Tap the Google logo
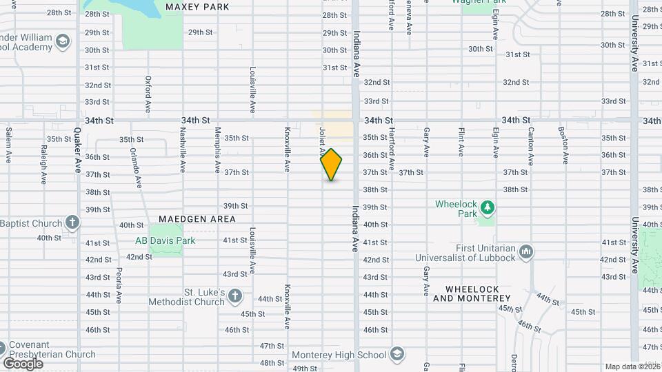[x=23, y=364]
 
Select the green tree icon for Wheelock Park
[x=487, y=207]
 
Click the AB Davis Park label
[x=165, y=240]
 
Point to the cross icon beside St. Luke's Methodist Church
[x=235, y=296]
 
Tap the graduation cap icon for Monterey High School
[x=397, y=355]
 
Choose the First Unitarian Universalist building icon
[x=525, y=251]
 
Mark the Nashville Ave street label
[x=183, y=149]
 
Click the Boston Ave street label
[x=564, y=145]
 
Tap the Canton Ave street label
[x=530, y=145]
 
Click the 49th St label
[x=305, y=369]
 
